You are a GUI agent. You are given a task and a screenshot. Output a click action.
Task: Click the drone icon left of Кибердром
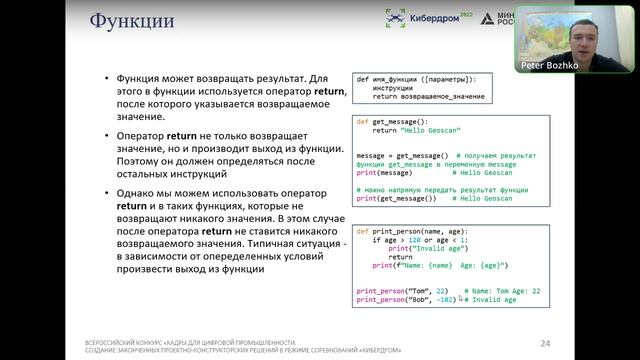(x=397, y=18)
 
